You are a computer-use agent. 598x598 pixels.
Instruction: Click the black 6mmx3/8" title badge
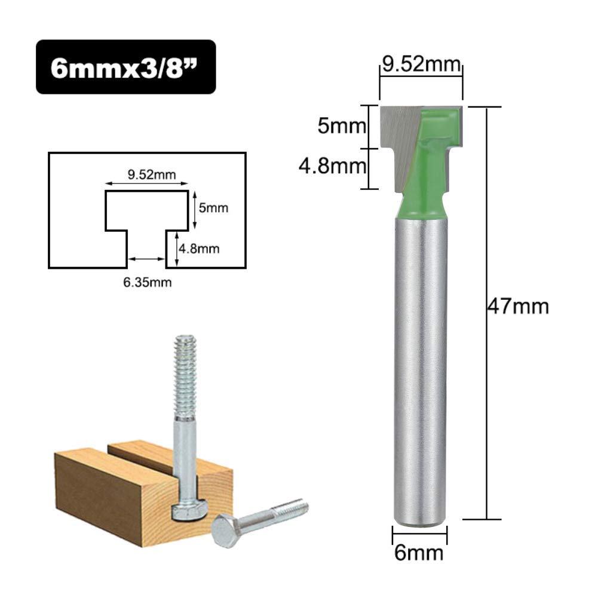pyautogui.click(x=126, y=67)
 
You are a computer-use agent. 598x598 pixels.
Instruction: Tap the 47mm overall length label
pyautogui.click(x=519, y=306)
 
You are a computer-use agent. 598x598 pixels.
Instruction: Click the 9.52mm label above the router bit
pyautogui.click(x=421, y=64)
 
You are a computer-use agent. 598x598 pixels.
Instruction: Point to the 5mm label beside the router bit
pyautogui.click(x=342, y=126)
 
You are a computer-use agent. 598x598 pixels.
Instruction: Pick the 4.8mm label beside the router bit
pyautogui.click(x=332, y=166)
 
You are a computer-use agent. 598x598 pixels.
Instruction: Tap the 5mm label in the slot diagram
pyautogui.click(x=214, y=208)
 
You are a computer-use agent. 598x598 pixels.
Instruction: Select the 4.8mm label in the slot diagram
pyautogui.click(x=200, y=249)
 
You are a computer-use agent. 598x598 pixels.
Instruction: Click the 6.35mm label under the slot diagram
pyautogui.click(x=147, y=283)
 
